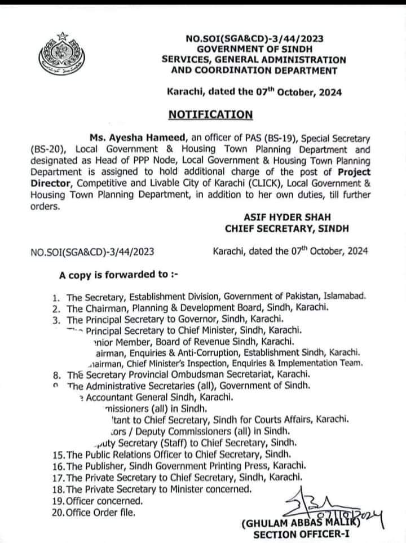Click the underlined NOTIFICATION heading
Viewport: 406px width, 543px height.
point(210,114)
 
